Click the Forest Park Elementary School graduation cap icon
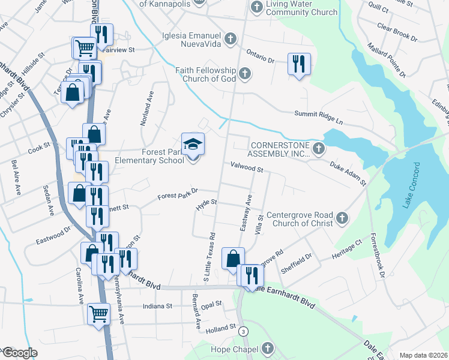(x=193, y=145)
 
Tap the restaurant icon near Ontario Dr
(x=298, y=63)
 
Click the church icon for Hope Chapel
(x=268, y=349)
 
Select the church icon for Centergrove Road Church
(x=342, y=218)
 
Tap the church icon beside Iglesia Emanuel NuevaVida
(x=229, y=40)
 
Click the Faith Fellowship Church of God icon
(x=244, y=74)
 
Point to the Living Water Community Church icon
(x=257, y=8)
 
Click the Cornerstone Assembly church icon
(x=319, y=148)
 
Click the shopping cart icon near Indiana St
(x=98, y=313)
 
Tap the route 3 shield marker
(x=243, y=331)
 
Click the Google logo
(x=19, y=353)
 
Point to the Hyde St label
(x=205, y=206)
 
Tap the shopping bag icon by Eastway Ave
(x=233, y=259)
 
